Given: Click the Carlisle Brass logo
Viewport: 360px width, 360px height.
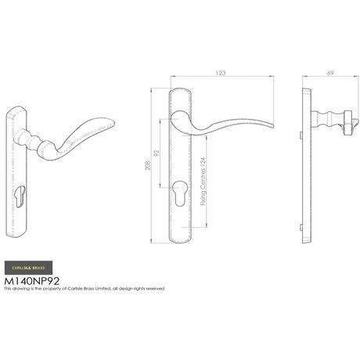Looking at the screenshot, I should coord(28,267).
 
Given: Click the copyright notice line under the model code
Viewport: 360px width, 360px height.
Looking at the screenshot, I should coord(84,289).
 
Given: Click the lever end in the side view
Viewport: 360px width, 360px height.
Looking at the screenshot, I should coord(355,123).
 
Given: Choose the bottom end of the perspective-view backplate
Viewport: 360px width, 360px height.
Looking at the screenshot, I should coord(19,232).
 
